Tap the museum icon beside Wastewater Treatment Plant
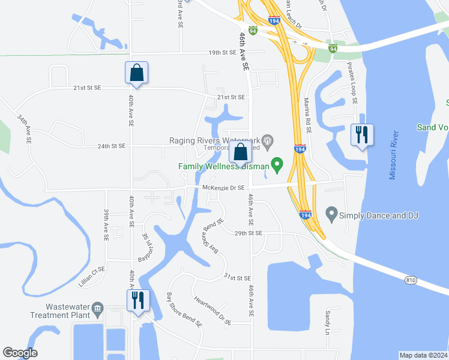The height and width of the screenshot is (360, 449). coord(97,310)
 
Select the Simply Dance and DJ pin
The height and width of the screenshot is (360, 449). coord(331,214)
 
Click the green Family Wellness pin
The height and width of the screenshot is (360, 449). coord(277,163)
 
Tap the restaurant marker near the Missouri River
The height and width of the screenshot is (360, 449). coord(361,134)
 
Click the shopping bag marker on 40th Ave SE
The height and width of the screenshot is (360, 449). coord(136,73)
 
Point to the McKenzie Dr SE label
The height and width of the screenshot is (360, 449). coord(223,188)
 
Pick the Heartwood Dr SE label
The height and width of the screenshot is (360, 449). coord(212,310)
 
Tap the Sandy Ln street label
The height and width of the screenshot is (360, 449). coord(328,322)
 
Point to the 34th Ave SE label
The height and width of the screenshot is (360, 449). coord(24,129)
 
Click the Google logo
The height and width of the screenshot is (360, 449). coord(20,353)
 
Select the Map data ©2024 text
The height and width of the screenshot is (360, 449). coord(423,355)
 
